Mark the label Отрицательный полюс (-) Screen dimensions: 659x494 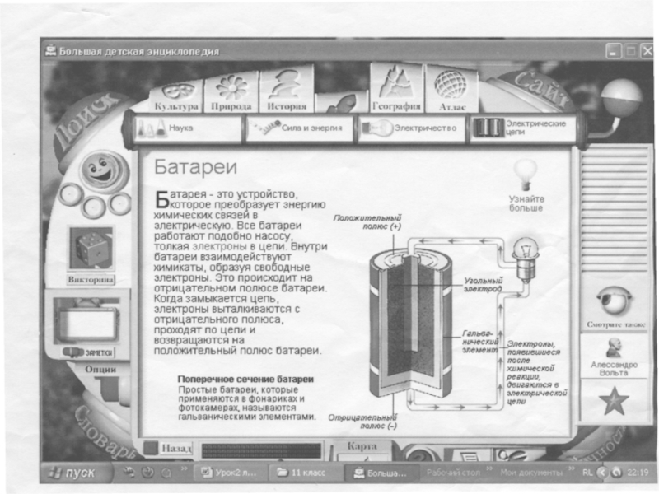[x=362, y=422]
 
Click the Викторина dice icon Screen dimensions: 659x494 [x=91, y=250]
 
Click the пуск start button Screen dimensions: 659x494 [x=73, y=473]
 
